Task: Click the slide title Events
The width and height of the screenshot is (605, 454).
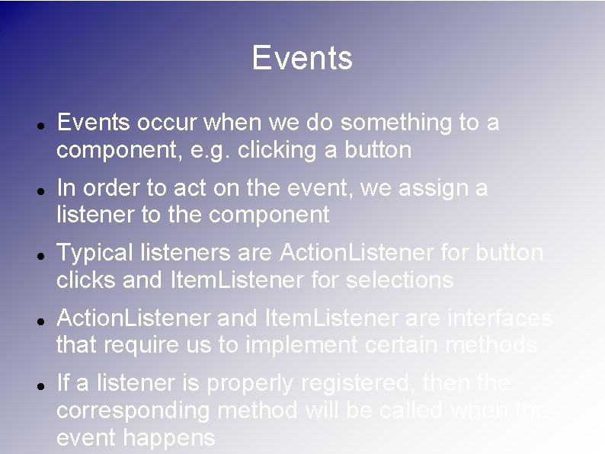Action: [x=302, y=59]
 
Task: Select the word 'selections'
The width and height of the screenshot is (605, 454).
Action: [x=399, y=280]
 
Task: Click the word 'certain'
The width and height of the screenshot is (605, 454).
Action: [x=396, y=345]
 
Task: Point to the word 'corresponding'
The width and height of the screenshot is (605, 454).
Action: [x=135, y=411]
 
